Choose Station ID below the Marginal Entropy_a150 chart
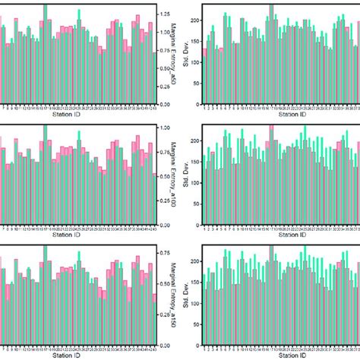79,354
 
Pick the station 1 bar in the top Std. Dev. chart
204,76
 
